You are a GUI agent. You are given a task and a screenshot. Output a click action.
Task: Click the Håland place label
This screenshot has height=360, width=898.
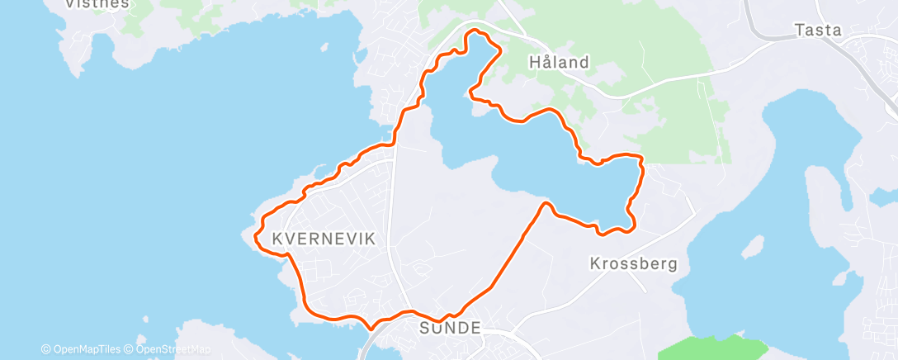[x=559, y=62]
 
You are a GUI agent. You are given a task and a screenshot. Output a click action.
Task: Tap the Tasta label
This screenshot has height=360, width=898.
[x=817, y=31]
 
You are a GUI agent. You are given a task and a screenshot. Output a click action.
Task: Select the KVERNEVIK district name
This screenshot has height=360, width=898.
[x=324, y=239]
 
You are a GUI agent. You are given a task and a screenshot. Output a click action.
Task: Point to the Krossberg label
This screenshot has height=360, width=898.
[x=633, y=264]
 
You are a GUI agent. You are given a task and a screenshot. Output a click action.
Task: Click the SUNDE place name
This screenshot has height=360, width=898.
[x=450, y=328]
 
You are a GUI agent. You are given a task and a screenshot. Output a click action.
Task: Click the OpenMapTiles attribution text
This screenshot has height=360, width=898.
[x=86, y=349]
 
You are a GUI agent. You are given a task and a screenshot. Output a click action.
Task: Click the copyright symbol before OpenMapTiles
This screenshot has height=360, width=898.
[x=45, y=349]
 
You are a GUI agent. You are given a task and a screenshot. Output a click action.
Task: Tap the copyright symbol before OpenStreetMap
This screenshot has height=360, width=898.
[x=130, y=349]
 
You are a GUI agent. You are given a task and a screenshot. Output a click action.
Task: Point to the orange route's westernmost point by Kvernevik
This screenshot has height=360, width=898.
[x=261, y=225]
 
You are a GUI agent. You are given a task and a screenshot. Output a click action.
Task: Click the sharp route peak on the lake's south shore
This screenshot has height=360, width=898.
[x=546, y=202]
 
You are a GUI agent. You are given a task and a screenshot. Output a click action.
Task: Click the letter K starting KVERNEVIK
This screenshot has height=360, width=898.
[x=276, y=239]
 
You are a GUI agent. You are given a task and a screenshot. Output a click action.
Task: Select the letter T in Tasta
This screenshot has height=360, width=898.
[x=799, y=31]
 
